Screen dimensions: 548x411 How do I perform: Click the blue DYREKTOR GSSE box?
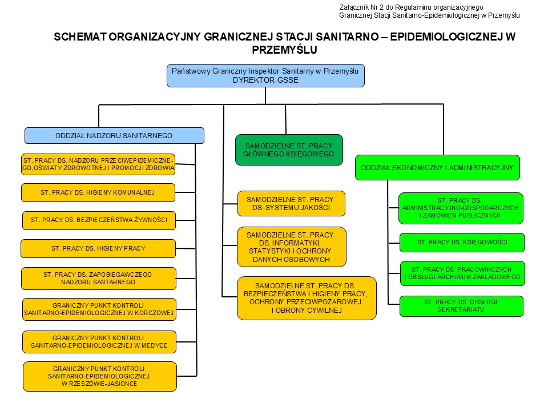[265, 75]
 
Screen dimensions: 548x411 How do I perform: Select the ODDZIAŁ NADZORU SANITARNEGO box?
[114, 136]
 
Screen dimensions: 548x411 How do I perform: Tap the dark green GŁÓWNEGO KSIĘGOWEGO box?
[289, 150]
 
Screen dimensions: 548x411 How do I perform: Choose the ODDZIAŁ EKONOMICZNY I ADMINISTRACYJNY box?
[437, 168]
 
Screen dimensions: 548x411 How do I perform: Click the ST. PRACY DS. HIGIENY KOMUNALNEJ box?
[98, 192]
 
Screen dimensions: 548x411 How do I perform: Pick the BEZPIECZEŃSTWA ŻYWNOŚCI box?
[99, 220]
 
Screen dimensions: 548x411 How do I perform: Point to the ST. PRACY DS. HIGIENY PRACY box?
[98, 248]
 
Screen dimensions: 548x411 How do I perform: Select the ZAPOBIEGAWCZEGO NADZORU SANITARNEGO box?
[99, 279]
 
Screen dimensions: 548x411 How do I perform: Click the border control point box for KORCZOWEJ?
[99, 309]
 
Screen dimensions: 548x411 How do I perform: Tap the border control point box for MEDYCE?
[99, 342]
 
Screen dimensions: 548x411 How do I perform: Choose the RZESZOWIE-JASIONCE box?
[100, 376]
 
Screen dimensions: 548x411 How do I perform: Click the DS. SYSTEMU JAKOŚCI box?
[291, 203]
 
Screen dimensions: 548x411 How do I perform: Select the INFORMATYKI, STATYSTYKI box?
[292, 247]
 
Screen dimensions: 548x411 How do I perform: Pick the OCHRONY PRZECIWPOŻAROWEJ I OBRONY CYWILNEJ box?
[307, 298]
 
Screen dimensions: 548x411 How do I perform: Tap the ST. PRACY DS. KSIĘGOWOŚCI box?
[462, 243]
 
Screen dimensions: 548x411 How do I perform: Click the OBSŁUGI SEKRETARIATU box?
[461, 306]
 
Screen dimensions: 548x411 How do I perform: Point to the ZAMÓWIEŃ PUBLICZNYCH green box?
[461, 208]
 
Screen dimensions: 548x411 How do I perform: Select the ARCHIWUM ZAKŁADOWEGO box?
[462, 273]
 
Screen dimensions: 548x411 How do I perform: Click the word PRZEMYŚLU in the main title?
[284, 50]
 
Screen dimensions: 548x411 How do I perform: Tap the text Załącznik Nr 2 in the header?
[361, 7]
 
